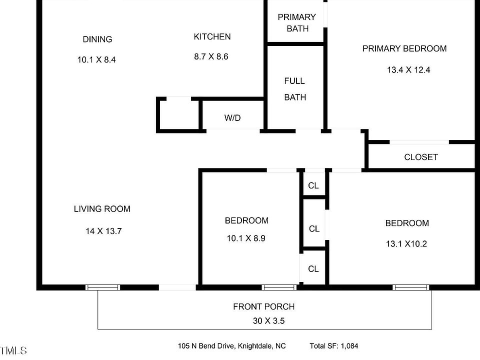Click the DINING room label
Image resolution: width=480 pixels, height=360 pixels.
(x=97, y=39)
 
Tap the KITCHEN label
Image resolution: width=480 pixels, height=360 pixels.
(x=212, y=36)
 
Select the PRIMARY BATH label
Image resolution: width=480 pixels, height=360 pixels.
(x=297, y=23)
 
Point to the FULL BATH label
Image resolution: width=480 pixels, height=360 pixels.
(x=295, y=89)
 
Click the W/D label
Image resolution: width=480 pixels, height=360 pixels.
(x=232, y=118)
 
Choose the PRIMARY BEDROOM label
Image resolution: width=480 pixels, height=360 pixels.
(x=404, y=48)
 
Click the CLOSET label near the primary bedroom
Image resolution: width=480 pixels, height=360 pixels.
(x=421, y=157)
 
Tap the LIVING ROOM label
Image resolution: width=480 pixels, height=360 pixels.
(x=102, y=209)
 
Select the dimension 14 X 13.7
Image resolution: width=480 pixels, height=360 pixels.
(x=103, y=231)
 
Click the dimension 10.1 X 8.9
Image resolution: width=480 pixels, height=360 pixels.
(x=246, y=238)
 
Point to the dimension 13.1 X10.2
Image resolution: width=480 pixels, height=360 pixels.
(x=406, y=244)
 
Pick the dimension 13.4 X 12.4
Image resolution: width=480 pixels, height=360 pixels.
(x=408, y=70)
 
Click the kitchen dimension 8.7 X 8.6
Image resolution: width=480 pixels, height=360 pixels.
(x=211, y=56)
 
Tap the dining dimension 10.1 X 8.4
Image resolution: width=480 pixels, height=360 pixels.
(x=96, y=59)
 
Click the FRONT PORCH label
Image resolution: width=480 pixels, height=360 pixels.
(x=264, y=306)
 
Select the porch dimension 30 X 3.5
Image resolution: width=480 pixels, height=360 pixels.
(x=268, y=321)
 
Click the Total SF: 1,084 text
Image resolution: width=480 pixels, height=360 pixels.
(x=334, y=346)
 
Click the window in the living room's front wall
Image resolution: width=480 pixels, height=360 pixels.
(x=103, y=287)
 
